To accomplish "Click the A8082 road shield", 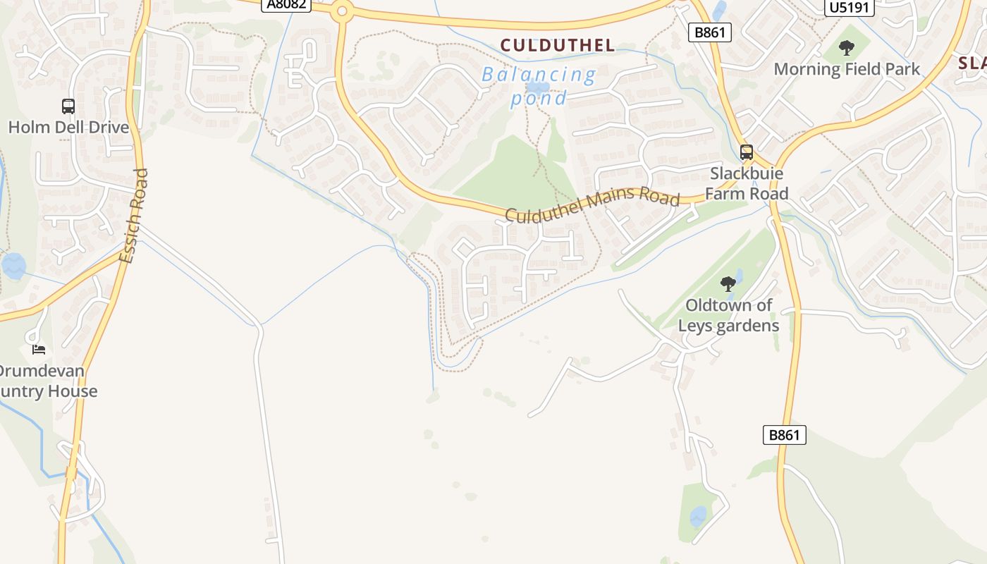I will (286, 4).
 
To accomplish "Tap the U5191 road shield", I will (849, 7).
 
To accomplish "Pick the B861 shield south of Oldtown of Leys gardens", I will (784, 435).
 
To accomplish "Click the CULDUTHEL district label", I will (557, 46).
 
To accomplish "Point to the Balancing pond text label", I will (539, 85).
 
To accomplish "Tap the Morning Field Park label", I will (847, 69).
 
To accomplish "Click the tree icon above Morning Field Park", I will (847, 48).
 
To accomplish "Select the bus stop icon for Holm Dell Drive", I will (68, 106).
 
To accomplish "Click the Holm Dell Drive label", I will (68, 128).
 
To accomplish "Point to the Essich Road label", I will (134, 216).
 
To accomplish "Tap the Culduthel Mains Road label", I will (592, 204).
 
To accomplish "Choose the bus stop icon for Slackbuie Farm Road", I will (746, 152).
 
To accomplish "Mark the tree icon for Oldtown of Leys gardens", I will (728, 284).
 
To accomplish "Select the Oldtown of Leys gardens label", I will (728, 315).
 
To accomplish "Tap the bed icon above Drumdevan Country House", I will (39, 349).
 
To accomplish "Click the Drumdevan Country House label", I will (46, 381).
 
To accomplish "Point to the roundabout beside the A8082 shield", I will (343, 11).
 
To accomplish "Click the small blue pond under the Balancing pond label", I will (537, 88).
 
